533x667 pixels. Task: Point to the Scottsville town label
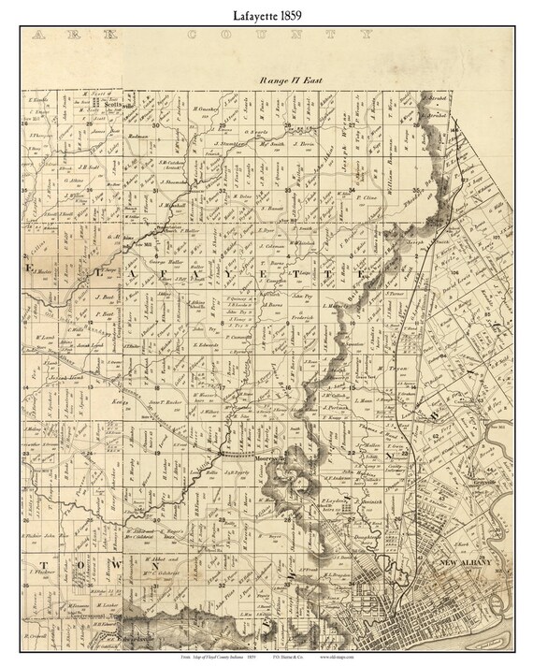coord(113,106)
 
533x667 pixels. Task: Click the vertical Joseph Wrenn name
coord(365,140)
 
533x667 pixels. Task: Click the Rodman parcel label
coord(139,135)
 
